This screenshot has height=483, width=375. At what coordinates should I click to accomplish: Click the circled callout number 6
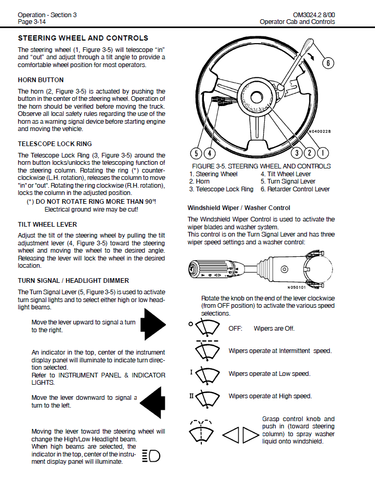[x=327, y=63]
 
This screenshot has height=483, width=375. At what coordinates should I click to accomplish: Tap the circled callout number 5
[x=196, y=153]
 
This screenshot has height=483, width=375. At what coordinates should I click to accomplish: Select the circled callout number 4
[x=209, y=153]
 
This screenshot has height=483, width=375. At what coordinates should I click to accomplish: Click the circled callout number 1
[x=323, y=153]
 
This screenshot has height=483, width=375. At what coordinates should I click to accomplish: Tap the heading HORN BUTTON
[x=41, y=80]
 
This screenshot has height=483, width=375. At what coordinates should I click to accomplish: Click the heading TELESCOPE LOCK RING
[x=55, y=144]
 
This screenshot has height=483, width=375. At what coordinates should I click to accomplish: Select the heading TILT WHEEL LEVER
[x=47, y=225]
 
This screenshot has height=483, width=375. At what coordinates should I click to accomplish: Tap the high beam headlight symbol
[x=151, y=456]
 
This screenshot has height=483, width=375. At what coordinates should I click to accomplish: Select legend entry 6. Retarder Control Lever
[x=295, y=189]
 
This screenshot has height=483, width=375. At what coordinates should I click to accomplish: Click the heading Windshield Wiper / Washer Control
[x=239, y=208]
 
